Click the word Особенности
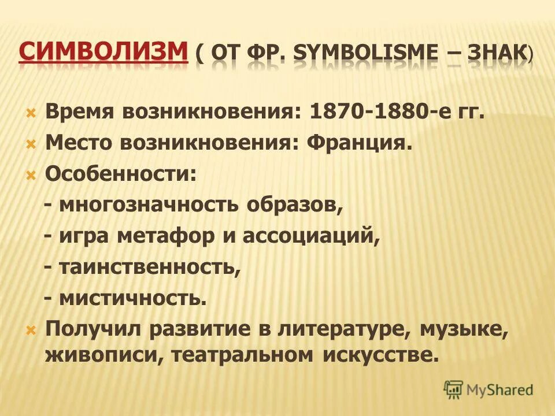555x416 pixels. (118, 174)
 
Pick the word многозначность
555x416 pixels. (145, 205)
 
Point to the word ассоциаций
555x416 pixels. (316, 236)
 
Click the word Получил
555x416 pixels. (94, 329)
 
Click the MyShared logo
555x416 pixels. (489, 390)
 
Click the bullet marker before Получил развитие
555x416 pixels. (31, 330)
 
